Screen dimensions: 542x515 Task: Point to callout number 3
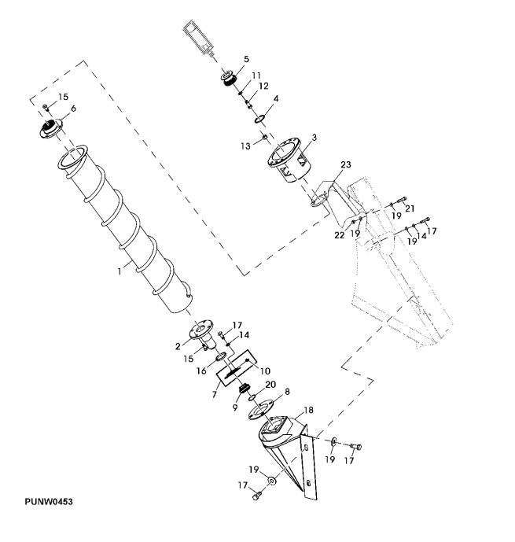pyautogui.click(x=314, y=138)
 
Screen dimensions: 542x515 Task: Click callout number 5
pyautogui.click(x=246, y=59)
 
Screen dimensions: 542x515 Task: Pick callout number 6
pyautogui.click(x=73, y=109)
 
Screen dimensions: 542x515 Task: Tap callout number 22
pyautogui.click(x=339, y=234)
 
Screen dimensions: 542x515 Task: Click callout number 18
pyautogui.click(x=307, y=409)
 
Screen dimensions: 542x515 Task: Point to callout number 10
pyautogui.click(x=265, y=370)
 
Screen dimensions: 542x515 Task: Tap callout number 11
pyautogui.click(x=256, y=76)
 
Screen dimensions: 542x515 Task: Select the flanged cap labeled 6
pyautogui.click(x=54, y=128)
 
